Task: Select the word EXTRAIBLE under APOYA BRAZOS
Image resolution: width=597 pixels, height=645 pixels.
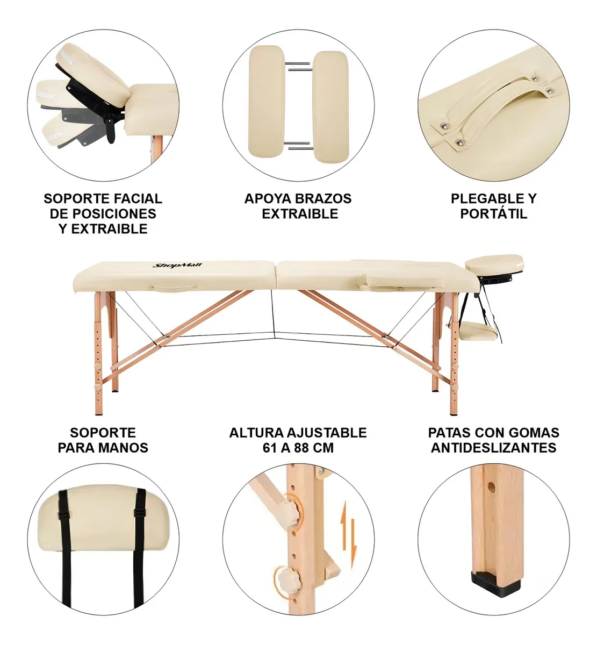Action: tap(300, 214)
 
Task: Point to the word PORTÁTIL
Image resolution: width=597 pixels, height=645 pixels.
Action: tap(493, 214)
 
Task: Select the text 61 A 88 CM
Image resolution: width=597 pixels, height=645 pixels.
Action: tap(298, 447)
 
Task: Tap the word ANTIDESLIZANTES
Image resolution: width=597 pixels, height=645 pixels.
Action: tap(493, 447)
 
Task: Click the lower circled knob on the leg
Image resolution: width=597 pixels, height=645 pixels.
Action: tap(288, 579)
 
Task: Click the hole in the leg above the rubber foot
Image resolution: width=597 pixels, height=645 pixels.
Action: tap(490, 489)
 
